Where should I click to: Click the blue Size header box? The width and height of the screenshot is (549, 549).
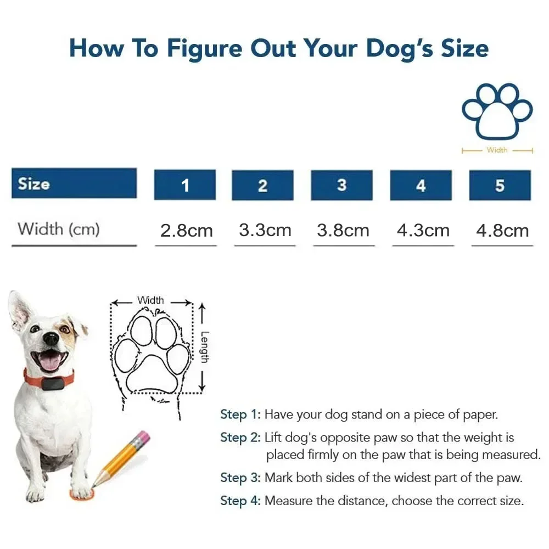point(74,183)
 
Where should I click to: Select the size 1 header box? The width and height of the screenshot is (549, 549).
point(185,185)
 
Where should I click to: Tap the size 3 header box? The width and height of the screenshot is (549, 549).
point(341,185)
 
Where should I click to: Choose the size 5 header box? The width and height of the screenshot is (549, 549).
point(500,185)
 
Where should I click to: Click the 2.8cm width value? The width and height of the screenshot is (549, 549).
point(186,231)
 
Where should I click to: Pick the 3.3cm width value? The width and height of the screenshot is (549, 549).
point(265,230)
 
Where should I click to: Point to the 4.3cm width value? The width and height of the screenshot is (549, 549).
point(422,230)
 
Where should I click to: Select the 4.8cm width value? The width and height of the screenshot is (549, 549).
point(502,230)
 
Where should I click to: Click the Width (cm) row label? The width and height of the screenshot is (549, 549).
point(59,228)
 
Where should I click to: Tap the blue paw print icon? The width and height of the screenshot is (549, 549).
point(497,111)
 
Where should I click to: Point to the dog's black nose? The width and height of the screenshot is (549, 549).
point(51,338)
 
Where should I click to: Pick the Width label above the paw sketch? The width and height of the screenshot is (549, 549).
point(150,300)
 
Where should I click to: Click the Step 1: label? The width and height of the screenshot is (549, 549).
point(240,414)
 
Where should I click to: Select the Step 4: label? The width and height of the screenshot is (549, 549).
point(240,501)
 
